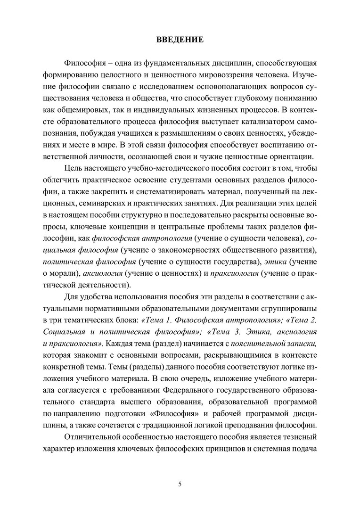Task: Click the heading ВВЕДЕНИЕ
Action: pyautogui.click(x=180, y=40)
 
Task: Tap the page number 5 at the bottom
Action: pyautogui.click(x=180, y=484)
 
